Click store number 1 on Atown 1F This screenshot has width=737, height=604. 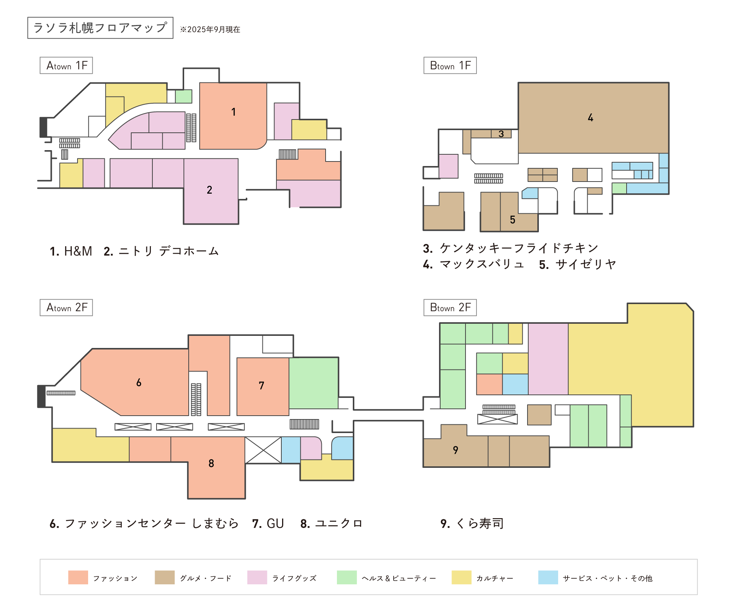(234, 112)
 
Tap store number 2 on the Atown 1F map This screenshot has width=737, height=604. (209, 190)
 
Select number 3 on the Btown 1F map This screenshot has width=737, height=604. (501, 134)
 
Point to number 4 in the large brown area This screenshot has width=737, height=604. (590, 118)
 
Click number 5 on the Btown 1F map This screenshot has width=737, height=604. (512, 220)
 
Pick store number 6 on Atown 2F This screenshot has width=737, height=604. (139, 382)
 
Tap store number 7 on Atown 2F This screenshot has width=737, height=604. (261, 385)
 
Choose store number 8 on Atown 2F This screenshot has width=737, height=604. (211, 463)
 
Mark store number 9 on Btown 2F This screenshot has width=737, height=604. (455, 450)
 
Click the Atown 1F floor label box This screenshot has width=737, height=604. (66, 65)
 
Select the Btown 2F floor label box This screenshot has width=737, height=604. (450, 307)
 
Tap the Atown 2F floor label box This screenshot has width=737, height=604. (66, 307)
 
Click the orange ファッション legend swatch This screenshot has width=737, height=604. (78, 578)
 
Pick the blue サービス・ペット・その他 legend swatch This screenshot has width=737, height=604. (548, 578)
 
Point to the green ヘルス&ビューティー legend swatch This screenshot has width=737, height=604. (347, 578)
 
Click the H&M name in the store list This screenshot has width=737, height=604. (78, 251)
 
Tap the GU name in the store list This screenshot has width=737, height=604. (275, 523)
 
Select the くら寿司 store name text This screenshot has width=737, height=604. (480, 523)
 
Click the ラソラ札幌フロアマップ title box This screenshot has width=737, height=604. (100, 28)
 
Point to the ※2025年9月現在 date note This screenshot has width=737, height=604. (210, 30)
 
